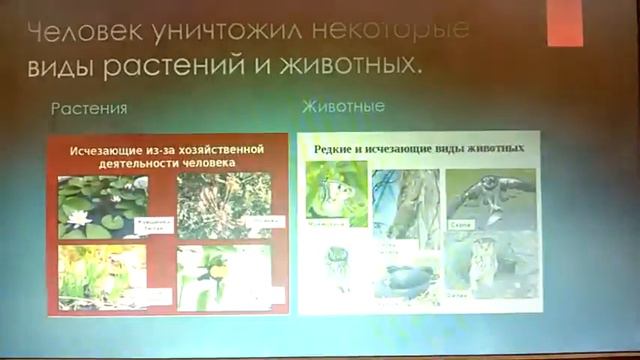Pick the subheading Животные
tap(344, 104)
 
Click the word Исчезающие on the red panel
tap(109, 150)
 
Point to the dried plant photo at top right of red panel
tap(223, 205)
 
